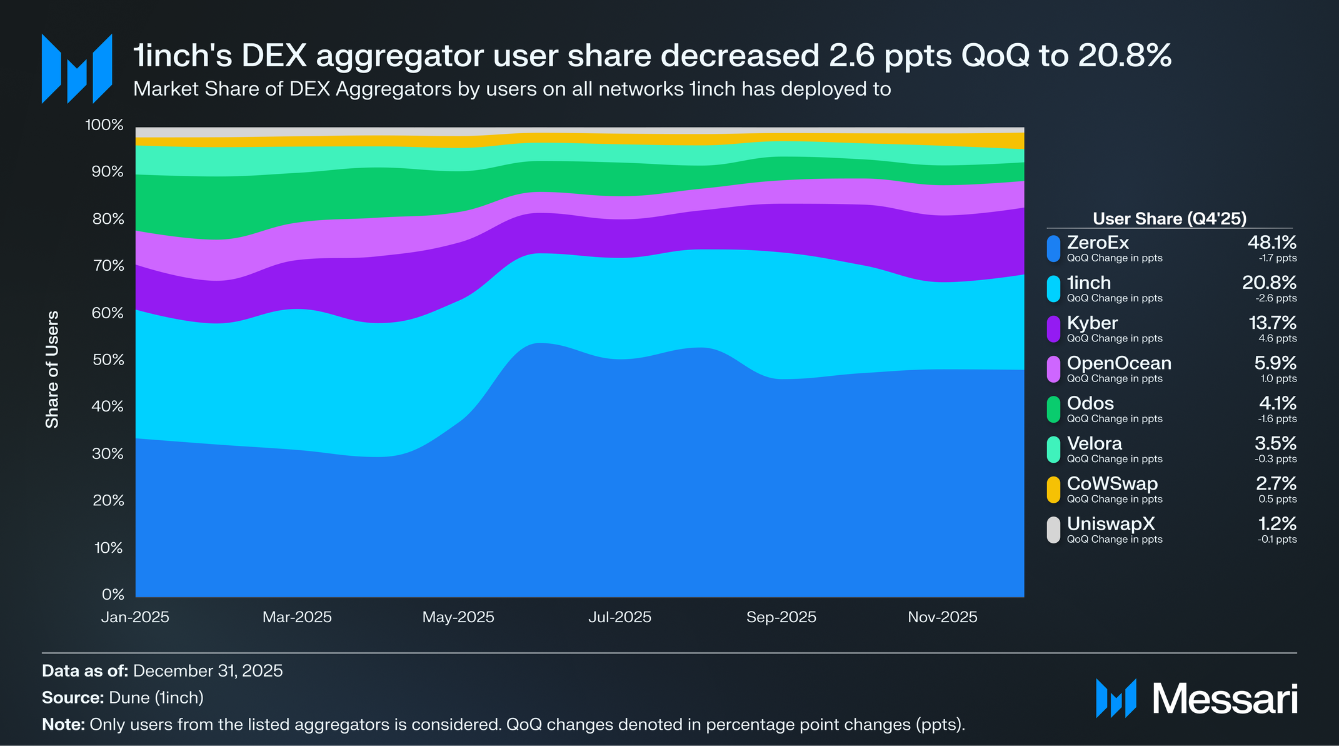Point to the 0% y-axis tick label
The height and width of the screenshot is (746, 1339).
pos(113,594)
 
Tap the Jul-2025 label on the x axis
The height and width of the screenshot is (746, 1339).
pos(619,617)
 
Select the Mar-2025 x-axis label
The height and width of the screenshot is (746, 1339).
pos(297,617)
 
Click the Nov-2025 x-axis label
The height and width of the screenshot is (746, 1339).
pos(942,617)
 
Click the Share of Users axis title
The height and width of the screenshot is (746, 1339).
pos(53,369)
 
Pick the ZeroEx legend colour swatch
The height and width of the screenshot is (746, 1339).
pos(1053,248)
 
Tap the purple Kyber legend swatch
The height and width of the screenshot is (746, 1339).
pos(1053,329)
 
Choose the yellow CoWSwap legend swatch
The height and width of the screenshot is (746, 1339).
pos(1053,490)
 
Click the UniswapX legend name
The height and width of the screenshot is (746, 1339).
pos(1111,523)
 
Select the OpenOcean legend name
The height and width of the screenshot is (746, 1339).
pos(1119,363)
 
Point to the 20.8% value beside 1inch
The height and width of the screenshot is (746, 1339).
pos(1269,283)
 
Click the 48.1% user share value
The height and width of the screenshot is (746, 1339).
pos(1271,242)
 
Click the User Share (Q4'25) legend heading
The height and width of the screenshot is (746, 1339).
pos(1170,218)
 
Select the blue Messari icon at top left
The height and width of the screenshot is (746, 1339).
pos(76,69)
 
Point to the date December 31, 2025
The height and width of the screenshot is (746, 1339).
pos(208,671)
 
